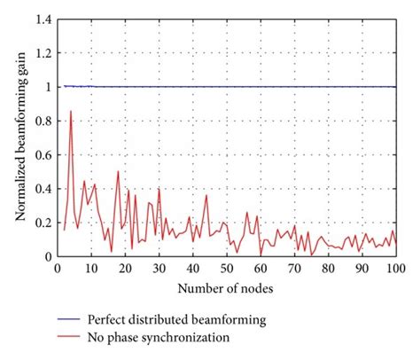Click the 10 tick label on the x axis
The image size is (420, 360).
(x=90, y=268)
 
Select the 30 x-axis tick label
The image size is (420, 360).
(x=159, y=268)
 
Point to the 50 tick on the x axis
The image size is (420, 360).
(x=226, y=268)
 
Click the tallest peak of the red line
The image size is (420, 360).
(x=70, y=112)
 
